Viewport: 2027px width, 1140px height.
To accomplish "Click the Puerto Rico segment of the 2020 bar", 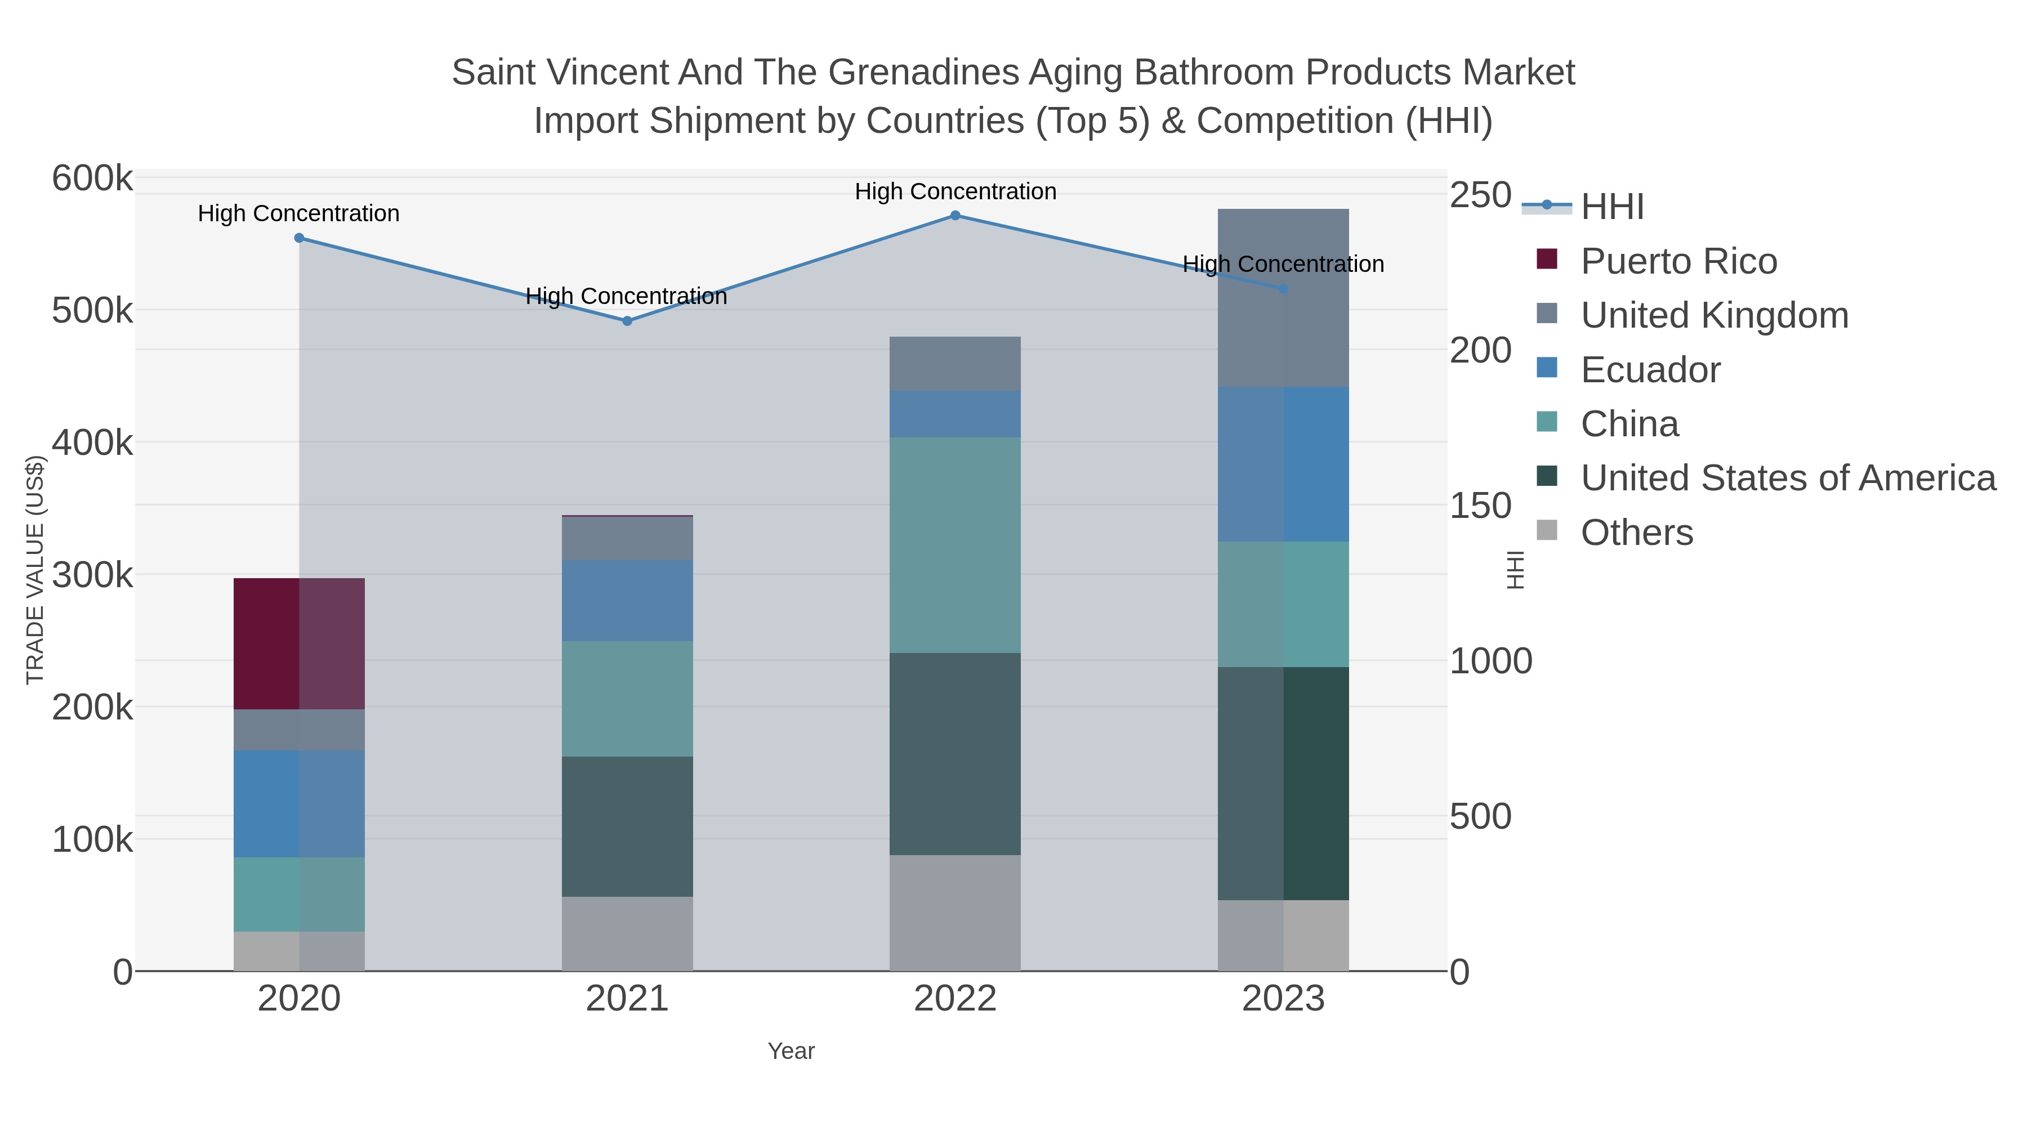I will tap(299, 643).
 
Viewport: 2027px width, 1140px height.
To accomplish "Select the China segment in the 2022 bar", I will tap(954, 544).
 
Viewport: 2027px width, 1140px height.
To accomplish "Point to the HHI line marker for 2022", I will tap(954, 216).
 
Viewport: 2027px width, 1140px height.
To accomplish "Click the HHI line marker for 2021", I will tap(627, 321).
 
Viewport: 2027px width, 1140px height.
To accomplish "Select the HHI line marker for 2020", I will tap(299, 238).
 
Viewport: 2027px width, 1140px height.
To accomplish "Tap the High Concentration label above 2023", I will tap(1283, 265).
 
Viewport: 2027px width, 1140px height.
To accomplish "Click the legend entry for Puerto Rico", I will tap(1678, 261).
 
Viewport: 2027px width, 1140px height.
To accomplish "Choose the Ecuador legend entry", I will tap(1650, 370).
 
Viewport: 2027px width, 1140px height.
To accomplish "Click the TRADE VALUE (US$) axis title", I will tap(35, 570).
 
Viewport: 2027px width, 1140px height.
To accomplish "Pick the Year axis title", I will tap(791, 1051).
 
